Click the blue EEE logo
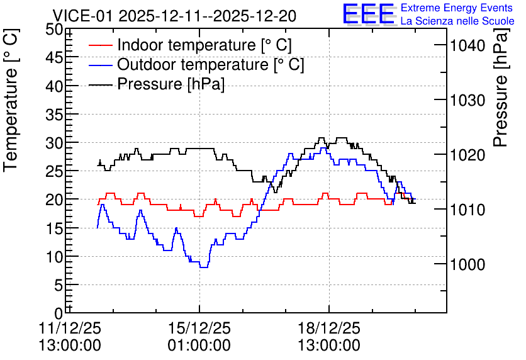click(x=368, y=14)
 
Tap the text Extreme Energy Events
click(x=457, y=8)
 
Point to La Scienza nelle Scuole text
click(x=457, y=21)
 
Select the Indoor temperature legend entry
click(x=190, y=45)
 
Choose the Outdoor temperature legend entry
click(x=196, y=64)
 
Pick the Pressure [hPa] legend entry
click(x=157, y=84)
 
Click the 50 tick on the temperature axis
click(x=54, y=30)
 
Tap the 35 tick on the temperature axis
click(x=54, y=115)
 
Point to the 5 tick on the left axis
click(x=59, y=286)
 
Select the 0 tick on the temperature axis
click(x=59, y=314)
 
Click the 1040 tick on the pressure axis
click(x=467, y=45)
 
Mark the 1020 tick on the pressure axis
click(x=467, y=155)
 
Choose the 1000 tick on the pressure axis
click(x=467, y=264)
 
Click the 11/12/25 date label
click(x=70, y=328)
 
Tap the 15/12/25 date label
click(x=199, y=328)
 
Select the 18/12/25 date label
click(x=329, y=328)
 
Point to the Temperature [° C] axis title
click(x=11, y=100)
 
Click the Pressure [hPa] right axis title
click(x=500, y=87)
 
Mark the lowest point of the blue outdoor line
click(x=204, y=267)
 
